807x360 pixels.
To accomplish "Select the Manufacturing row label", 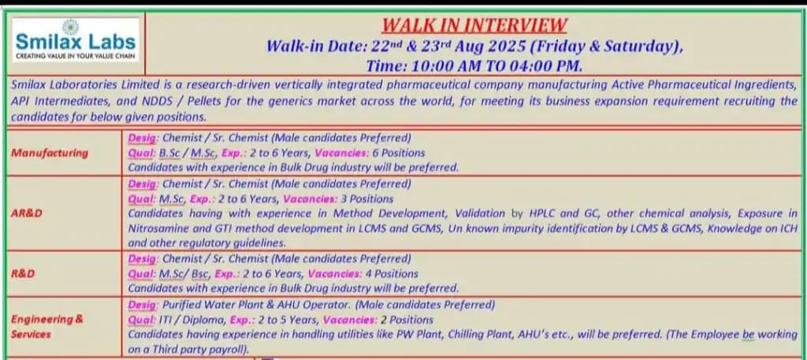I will [50, 153].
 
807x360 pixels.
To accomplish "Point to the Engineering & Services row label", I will [47, 326].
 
